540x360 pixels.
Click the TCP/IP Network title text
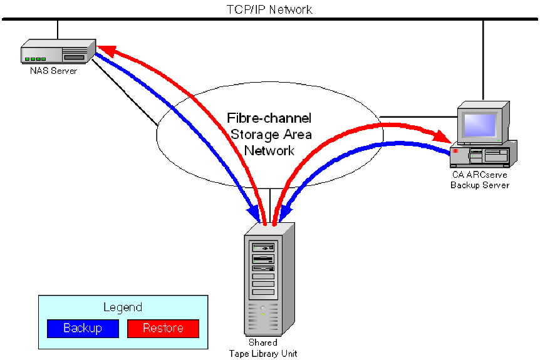click(x=269, y=9)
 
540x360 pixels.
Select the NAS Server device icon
click(x=58, y=51)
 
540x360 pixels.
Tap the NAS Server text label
click(x=54, y=71)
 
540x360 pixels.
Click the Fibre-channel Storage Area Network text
click(x=269, y=134)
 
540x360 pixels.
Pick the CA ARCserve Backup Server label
click(x=480, y=180)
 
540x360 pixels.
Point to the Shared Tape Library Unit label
click(x=263, y=348)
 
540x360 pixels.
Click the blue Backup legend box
click(x=83, y=328)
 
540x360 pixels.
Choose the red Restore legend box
click(x=163, y=328)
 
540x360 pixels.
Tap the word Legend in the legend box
click(x=123, y=307)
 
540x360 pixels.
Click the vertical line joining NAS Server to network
click(x=58, y=29)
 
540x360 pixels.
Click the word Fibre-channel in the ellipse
click(x=269, y=118)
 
